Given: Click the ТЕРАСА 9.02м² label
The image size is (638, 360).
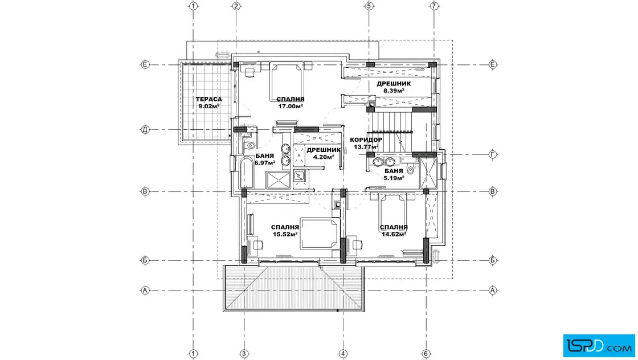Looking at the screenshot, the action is [x=208, y=103].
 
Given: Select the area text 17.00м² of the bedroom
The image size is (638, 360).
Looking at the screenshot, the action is [x=291, y=107].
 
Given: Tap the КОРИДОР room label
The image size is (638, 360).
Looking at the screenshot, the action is [x=366, y=140].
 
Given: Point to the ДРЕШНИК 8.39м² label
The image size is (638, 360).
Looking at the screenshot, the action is [x=394, y=87].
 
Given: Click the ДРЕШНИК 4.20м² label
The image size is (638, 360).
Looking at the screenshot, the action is [x=324, y=153].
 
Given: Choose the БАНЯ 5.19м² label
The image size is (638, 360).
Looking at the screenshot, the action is [x=394, y=174].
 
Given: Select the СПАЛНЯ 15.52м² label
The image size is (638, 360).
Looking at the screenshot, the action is [x=285, y=231].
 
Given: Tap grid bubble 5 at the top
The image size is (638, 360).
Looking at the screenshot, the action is [x=369, y=6].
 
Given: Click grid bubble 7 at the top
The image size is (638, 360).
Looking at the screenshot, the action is [x=434, y=6].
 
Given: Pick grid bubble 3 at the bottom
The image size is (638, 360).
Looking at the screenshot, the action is [x=244, y=354].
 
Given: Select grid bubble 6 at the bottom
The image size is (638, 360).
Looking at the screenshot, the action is [x=426, y=354].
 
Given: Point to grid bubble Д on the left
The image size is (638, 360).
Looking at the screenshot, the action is [x=145, y=130].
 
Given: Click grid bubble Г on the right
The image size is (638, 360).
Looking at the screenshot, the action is [x=493, y=154].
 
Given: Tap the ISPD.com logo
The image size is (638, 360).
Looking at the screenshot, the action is [x=599, y=346].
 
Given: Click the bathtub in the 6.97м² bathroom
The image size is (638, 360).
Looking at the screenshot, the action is [x=247, y=173].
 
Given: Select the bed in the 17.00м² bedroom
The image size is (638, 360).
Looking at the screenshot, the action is [x=288, y=82].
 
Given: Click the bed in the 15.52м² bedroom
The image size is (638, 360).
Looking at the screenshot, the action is [x=320, y=233].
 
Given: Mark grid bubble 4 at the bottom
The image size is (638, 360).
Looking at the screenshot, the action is [x=343, y=354].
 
